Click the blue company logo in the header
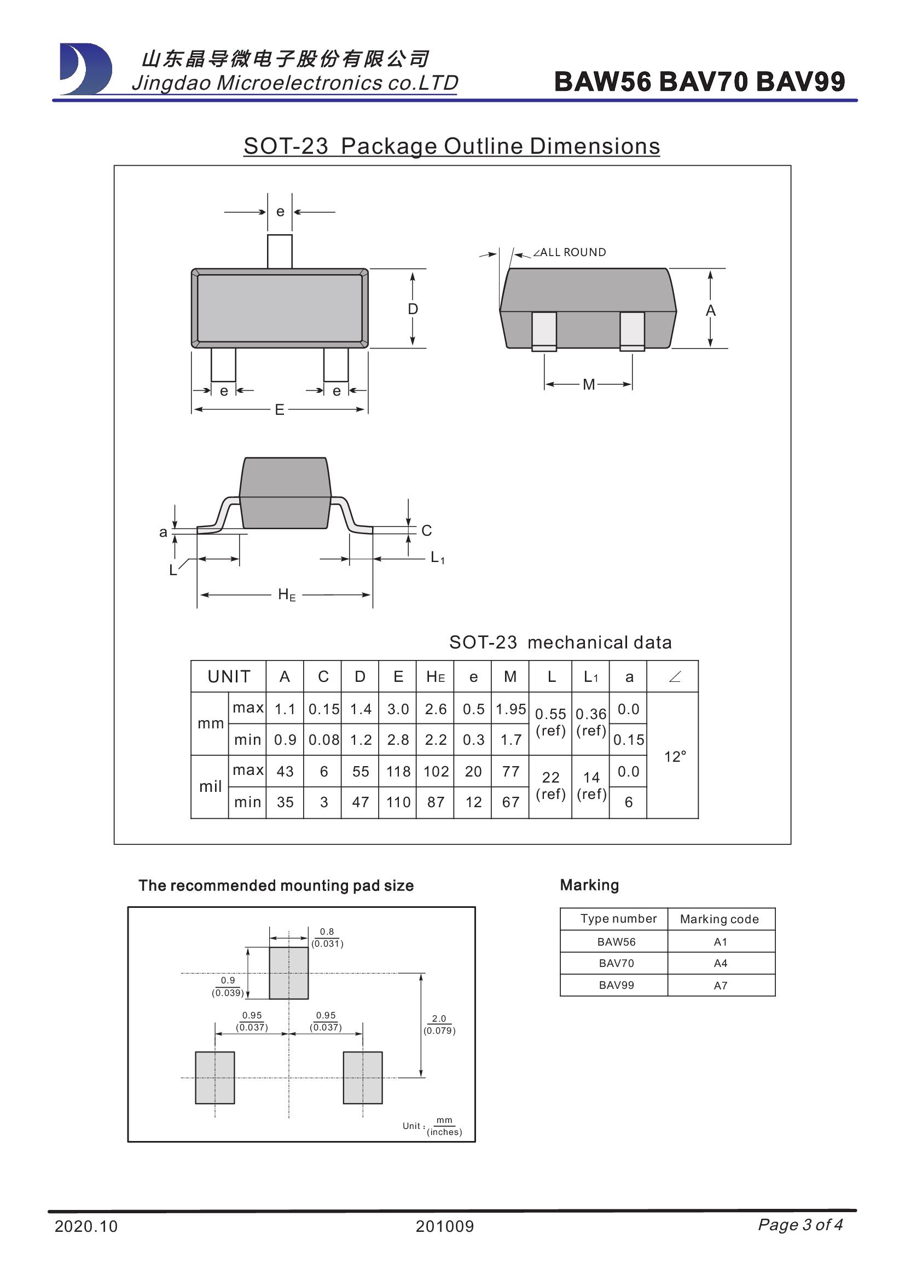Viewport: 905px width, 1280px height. coord(85,68)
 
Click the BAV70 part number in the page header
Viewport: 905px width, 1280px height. coord(703,82)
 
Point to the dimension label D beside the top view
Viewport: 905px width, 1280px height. coord(413,309)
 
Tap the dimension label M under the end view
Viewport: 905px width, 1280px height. coord(589,384)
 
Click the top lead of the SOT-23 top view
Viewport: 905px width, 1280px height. coord(279,251)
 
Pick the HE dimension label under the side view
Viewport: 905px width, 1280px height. coord(286,595)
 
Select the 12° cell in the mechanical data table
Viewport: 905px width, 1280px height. coord(675,756)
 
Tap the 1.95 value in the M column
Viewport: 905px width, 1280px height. coord(510,709)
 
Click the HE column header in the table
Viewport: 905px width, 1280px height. coord(435,677)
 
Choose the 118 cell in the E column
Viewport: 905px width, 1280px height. coord(398,772)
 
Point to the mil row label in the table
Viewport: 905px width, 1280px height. coord(210,786)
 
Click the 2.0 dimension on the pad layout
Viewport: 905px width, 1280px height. coord(439,1018)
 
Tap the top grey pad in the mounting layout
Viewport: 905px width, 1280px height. coord(289,973)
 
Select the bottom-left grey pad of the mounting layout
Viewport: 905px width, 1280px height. coord(214,1078)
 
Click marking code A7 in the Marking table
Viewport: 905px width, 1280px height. coord(720,986)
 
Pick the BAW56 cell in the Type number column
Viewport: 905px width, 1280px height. coord(616,942)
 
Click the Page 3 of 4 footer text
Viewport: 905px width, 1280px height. coord(800,1224)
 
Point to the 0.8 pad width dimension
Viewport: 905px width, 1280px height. coord(327,931)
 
